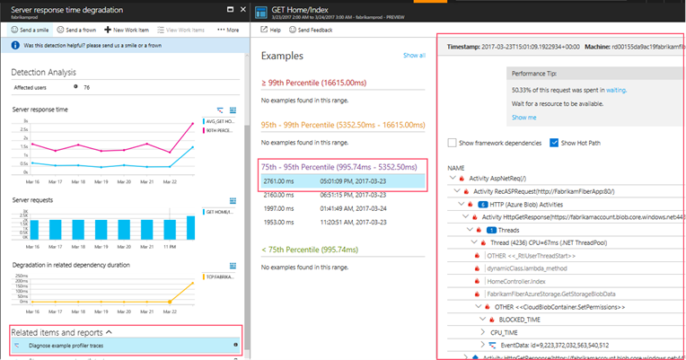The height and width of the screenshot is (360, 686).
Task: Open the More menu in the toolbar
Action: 228,30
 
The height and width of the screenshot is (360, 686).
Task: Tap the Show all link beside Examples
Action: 414,56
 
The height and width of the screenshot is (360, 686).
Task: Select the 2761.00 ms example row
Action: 341,180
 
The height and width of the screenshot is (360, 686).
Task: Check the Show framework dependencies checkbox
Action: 453,143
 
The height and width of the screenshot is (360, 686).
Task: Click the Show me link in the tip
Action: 523,118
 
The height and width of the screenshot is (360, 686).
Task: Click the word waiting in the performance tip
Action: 615,90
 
